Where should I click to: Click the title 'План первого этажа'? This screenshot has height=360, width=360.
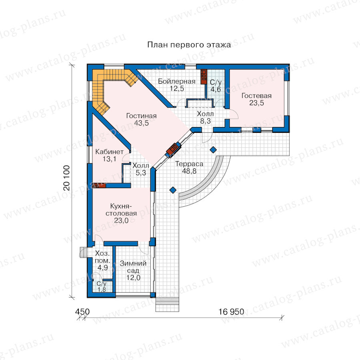(189, 44)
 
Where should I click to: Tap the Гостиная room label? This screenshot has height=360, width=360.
(142, 116)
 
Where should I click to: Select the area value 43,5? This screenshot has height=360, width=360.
(142, 123)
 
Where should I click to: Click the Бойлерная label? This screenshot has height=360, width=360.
(176, 81)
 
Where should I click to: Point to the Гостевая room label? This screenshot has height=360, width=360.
(256, 96)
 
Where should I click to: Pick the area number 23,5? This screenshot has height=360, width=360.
(256, 103)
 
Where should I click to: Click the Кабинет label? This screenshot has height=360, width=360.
(110, 152)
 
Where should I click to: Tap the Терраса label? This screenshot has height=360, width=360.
(189, 164)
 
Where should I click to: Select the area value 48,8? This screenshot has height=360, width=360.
(189, 171)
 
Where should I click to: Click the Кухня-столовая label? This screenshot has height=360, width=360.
(121, 210)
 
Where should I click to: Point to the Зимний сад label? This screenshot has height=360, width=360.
(133, 267)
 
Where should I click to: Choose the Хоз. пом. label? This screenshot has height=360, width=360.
(102, 257)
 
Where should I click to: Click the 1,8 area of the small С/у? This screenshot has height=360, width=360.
(102, 290)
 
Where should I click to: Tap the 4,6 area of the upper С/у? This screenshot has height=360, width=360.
(216, 89)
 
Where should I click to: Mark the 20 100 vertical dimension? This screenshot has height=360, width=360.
(66, 178)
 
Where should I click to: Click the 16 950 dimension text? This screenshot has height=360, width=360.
(231, 312)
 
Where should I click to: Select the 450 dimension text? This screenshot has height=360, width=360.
(82, 312)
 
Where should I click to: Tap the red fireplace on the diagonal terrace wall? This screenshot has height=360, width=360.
(174, 149)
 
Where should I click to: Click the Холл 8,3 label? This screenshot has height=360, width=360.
(205, 117)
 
